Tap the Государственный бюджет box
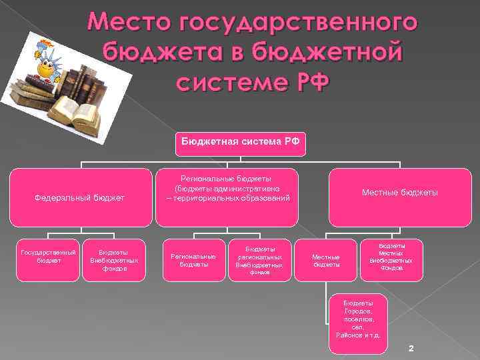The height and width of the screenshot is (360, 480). (49, 257)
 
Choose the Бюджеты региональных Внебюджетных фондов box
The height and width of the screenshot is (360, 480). (259, 260)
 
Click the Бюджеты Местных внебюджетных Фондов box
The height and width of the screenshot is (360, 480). (391, 257)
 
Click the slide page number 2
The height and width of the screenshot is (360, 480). (411, 349)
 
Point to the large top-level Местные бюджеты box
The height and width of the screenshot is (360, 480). (399, 193)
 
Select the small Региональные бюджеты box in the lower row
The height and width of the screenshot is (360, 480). (193, 260)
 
